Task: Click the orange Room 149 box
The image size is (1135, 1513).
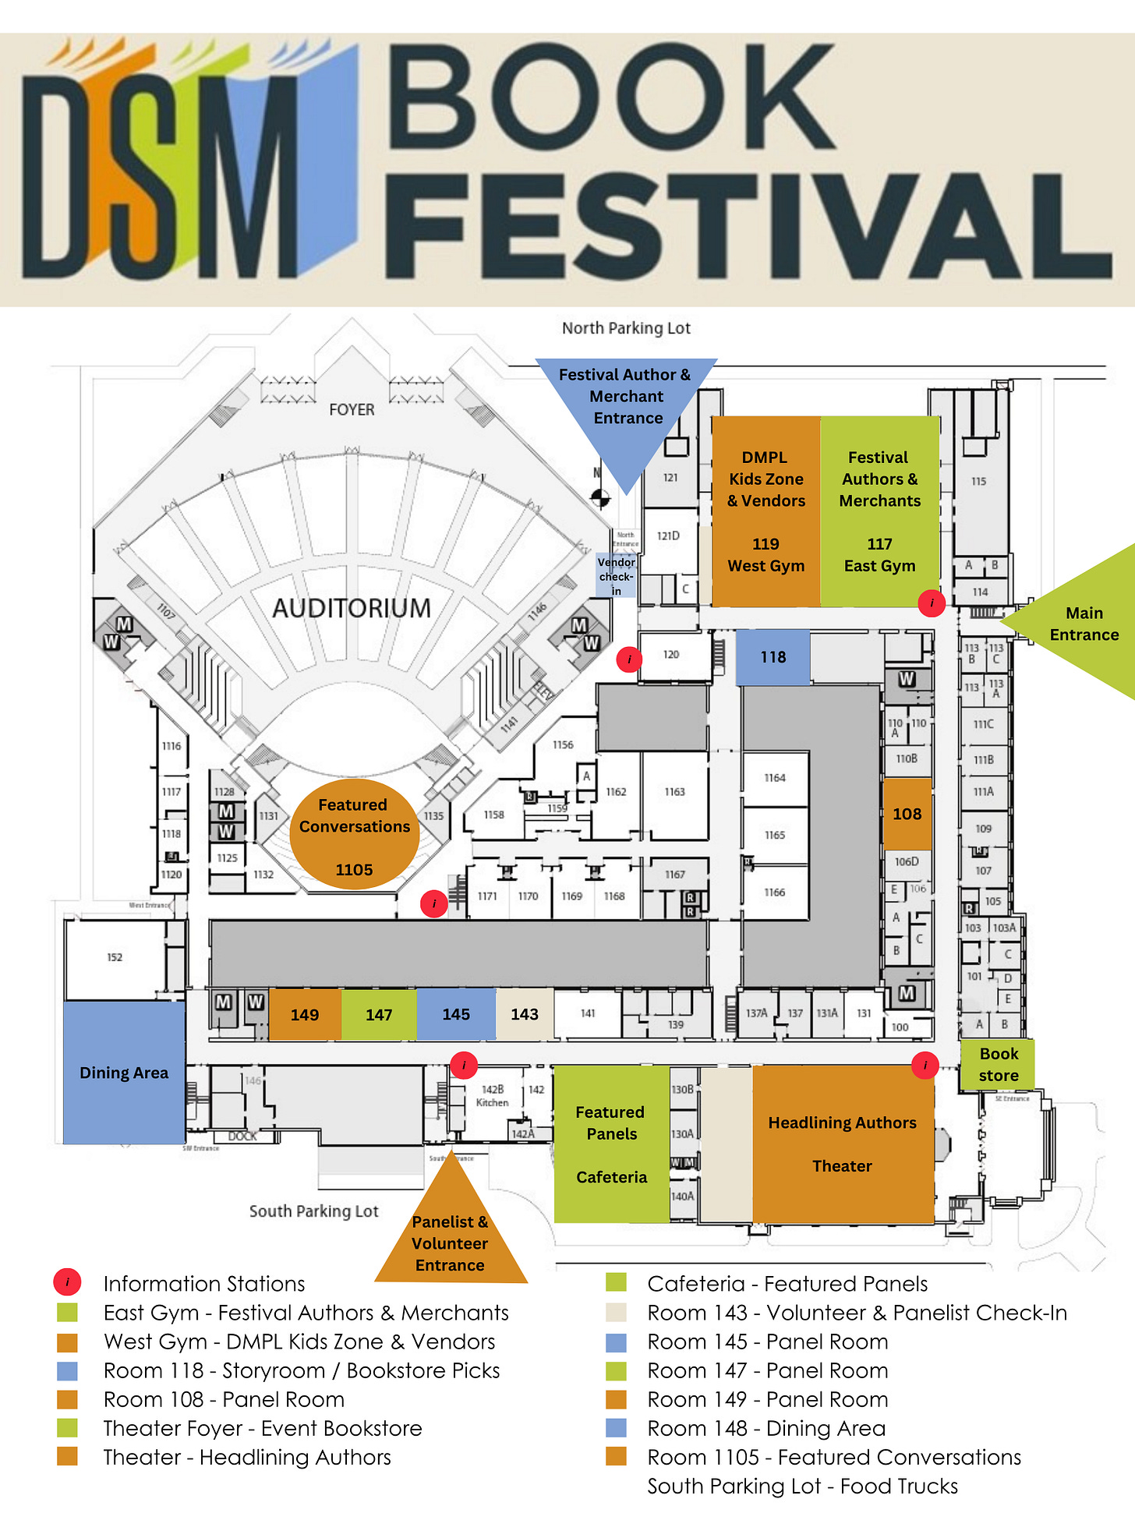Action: coord(305,1014)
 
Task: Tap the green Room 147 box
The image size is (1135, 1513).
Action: coord(379,1014)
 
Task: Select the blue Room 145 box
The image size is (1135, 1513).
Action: coord(456,1014)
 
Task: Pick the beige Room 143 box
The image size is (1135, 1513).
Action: coord(525,1014)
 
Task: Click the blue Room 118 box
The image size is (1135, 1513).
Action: coord(773,657)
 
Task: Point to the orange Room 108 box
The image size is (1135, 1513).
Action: coord(907,814)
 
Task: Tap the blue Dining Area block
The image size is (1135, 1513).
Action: coord(124,1073)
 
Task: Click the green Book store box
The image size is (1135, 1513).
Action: coord(998,1065)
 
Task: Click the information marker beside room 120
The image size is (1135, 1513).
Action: coord(629,659)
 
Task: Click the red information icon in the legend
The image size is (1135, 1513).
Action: coord(68,1282)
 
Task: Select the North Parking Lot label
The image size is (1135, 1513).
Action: coord(626,328)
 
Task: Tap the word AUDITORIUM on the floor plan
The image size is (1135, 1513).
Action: coord(352,608)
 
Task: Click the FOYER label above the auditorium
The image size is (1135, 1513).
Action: coord(352,409)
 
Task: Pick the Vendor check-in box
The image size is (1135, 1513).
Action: coord(617,576)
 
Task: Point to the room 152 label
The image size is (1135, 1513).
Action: coord(115,957)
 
